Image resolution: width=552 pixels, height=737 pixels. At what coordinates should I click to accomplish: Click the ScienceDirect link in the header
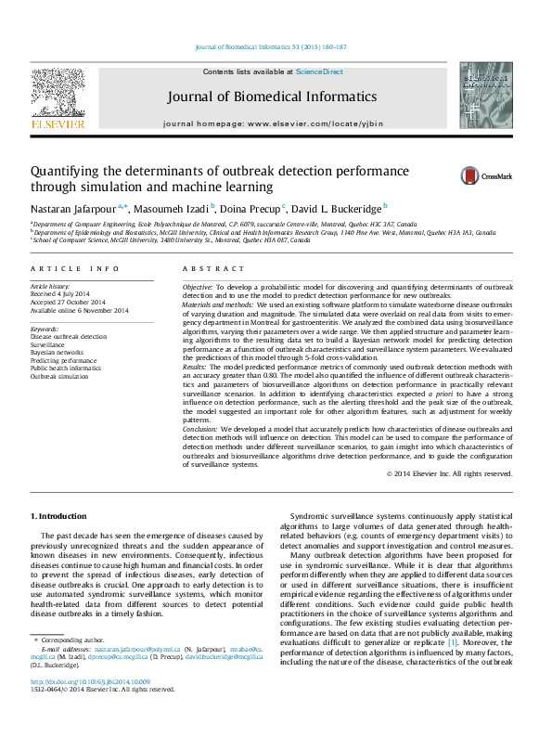point(319,71)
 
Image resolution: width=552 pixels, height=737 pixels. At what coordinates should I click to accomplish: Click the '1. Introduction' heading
point(59,515)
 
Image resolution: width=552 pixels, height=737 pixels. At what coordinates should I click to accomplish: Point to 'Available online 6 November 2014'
point(80,311)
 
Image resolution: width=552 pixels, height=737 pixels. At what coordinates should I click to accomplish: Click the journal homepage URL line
point(285,123)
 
